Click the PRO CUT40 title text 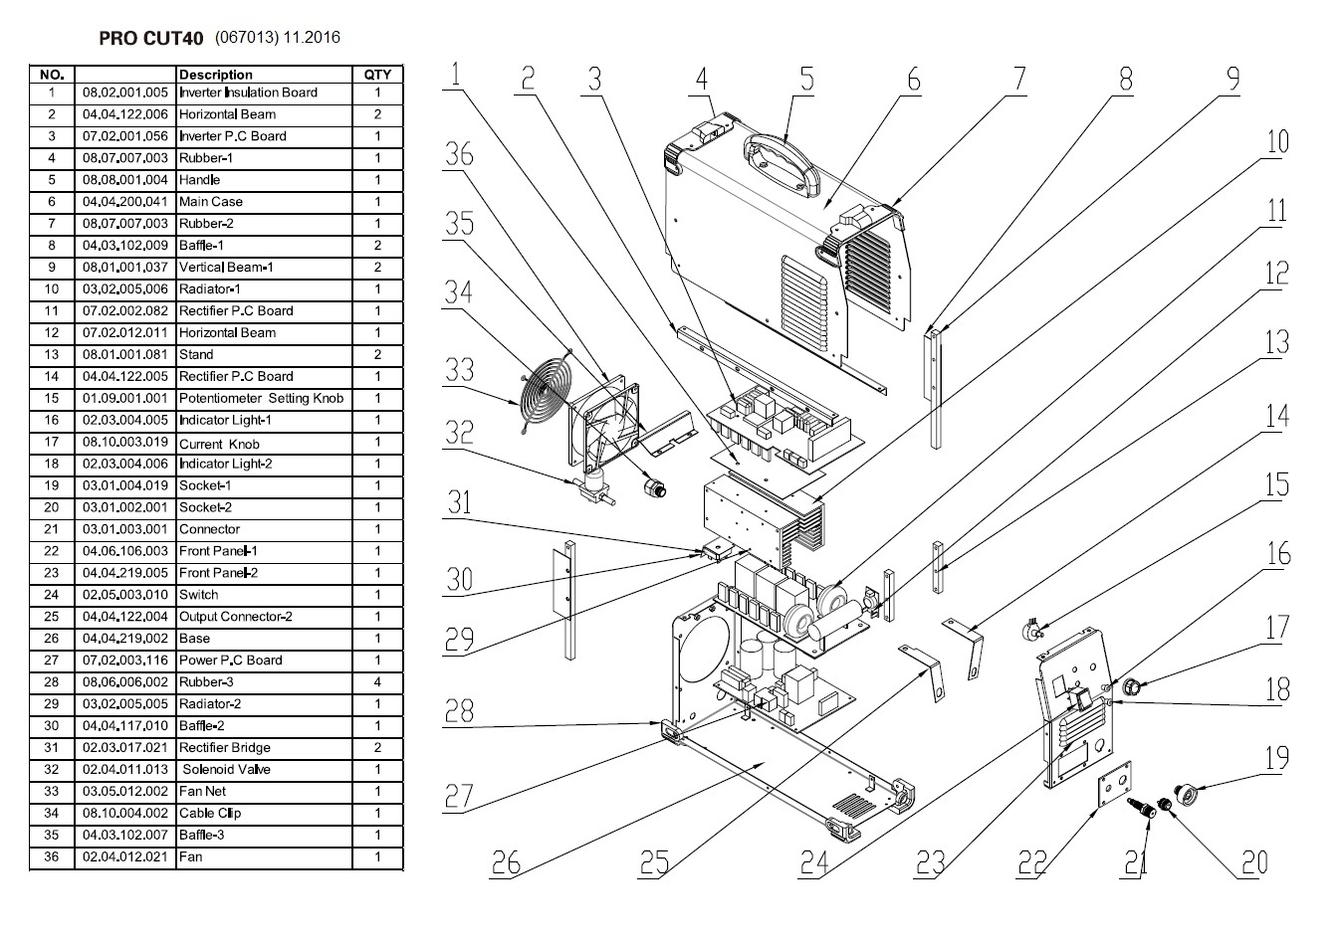pos(151,39)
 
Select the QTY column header pos(377,75)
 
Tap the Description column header pos(216,75)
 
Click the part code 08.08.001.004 pos(125,180)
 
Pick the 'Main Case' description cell pos(211,202)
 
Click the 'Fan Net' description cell pos(202,791)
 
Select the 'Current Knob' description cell pos(219,443)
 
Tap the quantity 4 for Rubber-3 pos(377,682)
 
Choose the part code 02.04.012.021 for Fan pos(125,856)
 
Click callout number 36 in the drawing pos(459,154)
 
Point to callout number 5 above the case pos(806,79)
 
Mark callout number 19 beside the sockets pos(1276,758)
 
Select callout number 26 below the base pos(506,860)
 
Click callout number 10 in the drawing pos(1276,141)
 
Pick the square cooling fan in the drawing pos(605,430)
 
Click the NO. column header pos(52,75)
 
